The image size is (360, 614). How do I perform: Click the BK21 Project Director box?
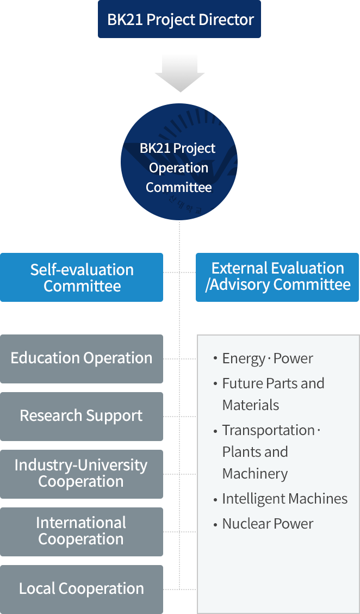[179, 20]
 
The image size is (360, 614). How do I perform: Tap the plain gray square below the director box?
[179, 73]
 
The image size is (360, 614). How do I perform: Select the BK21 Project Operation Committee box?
[179, 162]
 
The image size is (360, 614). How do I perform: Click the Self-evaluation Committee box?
[82, 277]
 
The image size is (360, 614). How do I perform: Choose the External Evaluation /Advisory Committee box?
[277, 276]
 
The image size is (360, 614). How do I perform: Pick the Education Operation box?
[82, 358]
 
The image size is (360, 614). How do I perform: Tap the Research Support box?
[82, 416]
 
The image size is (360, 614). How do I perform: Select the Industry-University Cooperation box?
[82, 474]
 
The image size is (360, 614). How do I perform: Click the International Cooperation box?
[82, 531]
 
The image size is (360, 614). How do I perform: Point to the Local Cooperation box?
[82, 588]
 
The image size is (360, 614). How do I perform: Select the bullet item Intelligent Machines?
[284, 499]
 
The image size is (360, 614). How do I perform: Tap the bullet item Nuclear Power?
[268, 524]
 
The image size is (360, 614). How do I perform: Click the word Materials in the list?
[250, 405]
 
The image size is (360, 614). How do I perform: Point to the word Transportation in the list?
[268, 430]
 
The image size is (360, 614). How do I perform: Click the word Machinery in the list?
[255, 474]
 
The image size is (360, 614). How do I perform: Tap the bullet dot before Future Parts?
[215, 384]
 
